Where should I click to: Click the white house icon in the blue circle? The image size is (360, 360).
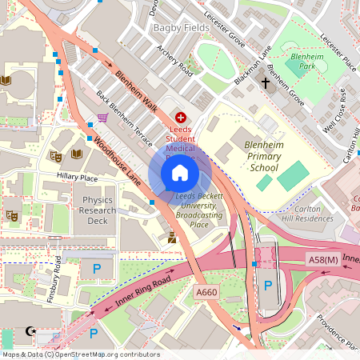coord(180,172)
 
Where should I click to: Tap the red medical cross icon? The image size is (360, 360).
coord(180,118)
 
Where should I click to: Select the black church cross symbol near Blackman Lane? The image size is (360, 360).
coord(265,82)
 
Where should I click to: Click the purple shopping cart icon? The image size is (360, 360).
coord(102,118)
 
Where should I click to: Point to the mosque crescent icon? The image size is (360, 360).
coord(32,330)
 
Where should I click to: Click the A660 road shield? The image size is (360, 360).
coord(206,294)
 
